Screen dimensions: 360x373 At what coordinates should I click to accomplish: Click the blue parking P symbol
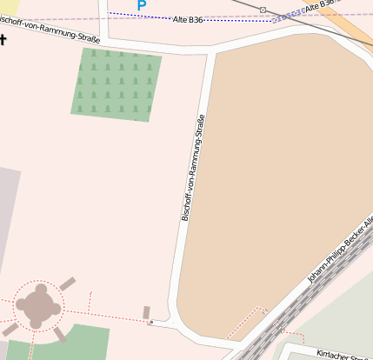coord(141,6)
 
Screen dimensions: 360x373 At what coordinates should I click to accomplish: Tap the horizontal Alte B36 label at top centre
coord(188,19)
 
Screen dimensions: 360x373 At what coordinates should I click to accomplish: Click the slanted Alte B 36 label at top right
coord(320,8)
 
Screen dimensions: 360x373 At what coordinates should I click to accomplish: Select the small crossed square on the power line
coord(263,10)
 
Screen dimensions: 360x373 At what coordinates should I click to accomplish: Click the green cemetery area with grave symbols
coord(117,83)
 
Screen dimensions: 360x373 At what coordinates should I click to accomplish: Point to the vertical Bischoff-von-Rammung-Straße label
coord(193,167)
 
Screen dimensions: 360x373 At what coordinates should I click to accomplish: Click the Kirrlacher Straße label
coord(344,353)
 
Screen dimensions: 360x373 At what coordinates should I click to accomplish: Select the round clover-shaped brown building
coord(39,305)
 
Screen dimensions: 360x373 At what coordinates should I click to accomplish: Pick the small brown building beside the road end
coord(146,311)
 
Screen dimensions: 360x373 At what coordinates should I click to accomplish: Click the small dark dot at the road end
coord(150,323)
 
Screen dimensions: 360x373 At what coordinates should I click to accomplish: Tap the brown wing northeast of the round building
coord(67,284)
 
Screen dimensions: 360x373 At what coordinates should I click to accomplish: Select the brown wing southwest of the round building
coord(10,330)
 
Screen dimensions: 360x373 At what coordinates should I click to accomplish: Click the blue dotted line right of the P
coord(139,17)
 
